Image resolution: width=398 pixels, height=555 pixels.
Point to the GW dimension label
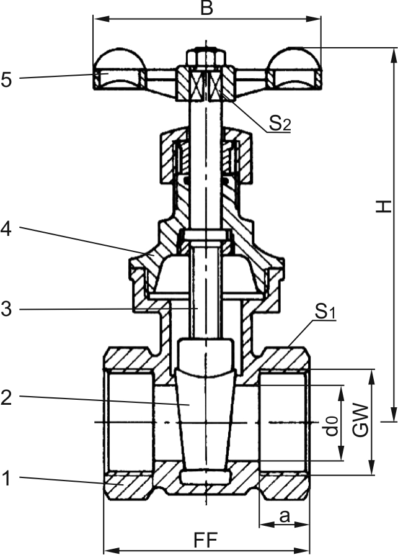[x=361, y=422]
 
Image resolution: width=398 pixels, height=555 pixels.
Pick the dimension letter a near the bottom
[x=285, y=515]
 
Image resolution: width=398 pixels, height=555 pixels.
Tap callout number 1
[x=7, y=479]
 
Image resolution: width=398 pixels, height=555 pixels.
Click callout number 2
[x=7, y=398]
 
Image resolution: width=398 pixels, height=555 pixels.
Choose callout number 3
[x=7, y=309]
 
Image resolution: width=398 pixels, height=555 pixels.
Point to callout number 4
[x=7, y=228]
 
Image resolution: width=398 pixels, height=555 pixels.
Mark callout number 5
[x=7, y=79]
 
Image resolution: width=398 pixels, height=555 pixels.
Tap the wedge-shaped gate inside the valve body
[x=205, y=410]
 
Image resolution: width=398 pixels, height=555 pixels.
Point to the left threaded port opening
[x=130, y=422]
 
